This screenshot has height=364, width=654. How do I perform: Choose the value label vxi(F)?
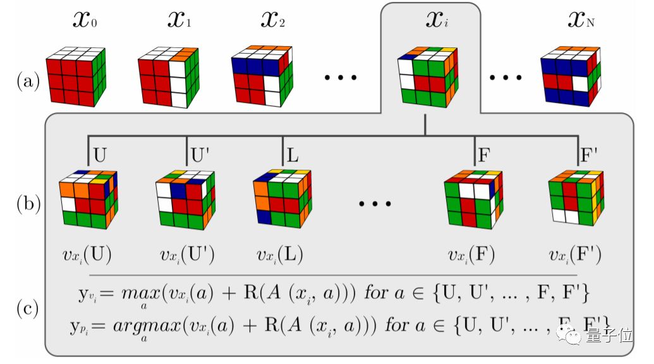click(471, 255)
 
